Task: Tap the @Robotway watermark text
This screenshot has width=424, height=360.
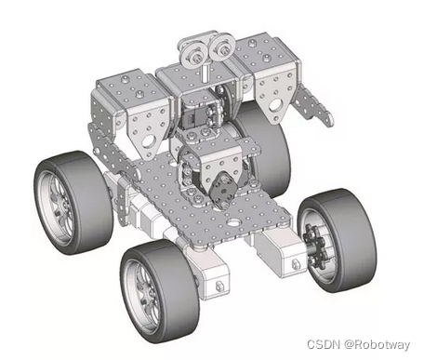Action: pos(377,345)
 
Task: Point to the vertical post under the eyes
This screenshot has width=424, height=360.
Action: pos(205,73)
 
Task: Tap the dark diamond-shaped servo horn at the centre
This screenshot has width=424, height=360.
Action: pos(221,190)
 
